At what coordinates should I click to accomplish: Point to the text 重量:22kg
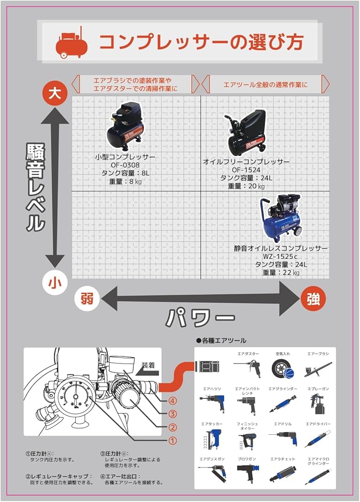point(281,273)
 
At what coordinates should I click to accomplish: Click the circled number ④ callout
point(172,401)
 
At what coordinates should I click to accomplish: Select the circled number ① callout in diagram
point(172,441)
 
